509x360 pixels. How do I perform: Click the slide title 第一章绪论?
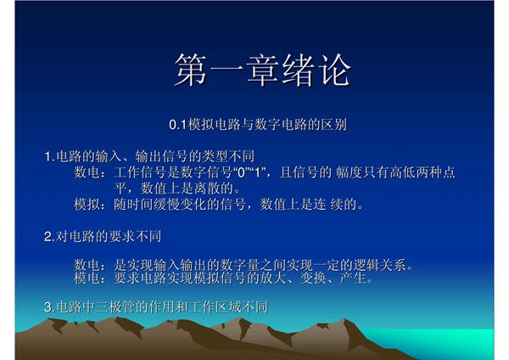click(x=262, y=70)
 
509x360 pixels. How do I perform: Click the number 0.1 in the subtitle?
click(x=177, y=125)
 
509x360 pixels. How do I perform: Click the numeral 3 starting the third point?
click(x=48, y=307)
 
